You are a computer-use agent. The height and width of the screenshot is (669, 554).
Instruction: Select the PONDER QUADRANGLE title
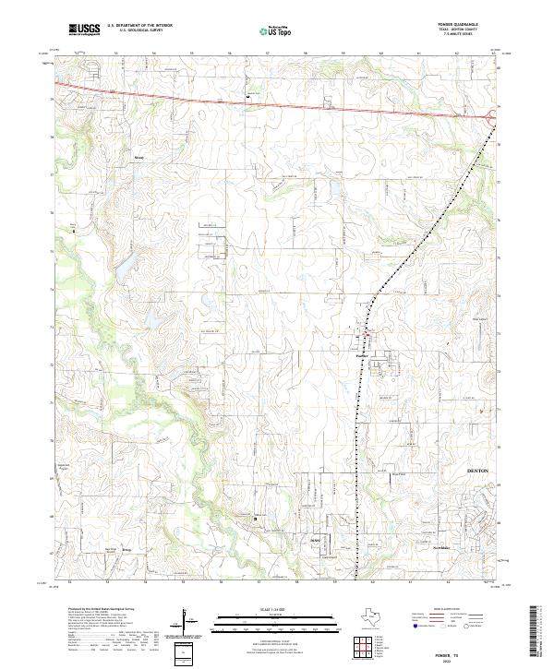point(470,27)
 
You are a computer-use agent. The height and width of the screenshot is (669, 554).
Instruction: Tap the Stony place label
point(139,158)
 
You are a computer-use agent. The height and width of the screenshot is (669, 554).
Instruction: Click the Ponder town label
point(361,353)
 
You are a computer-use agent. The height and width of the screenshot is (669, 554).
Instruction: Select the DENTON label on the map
point(477,471)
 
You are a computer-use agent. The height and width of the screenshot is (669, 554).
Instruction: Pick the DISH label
point(314,539)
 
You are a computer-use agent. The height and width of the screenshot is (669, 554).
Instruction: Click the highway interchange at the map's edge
point(490,115)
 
